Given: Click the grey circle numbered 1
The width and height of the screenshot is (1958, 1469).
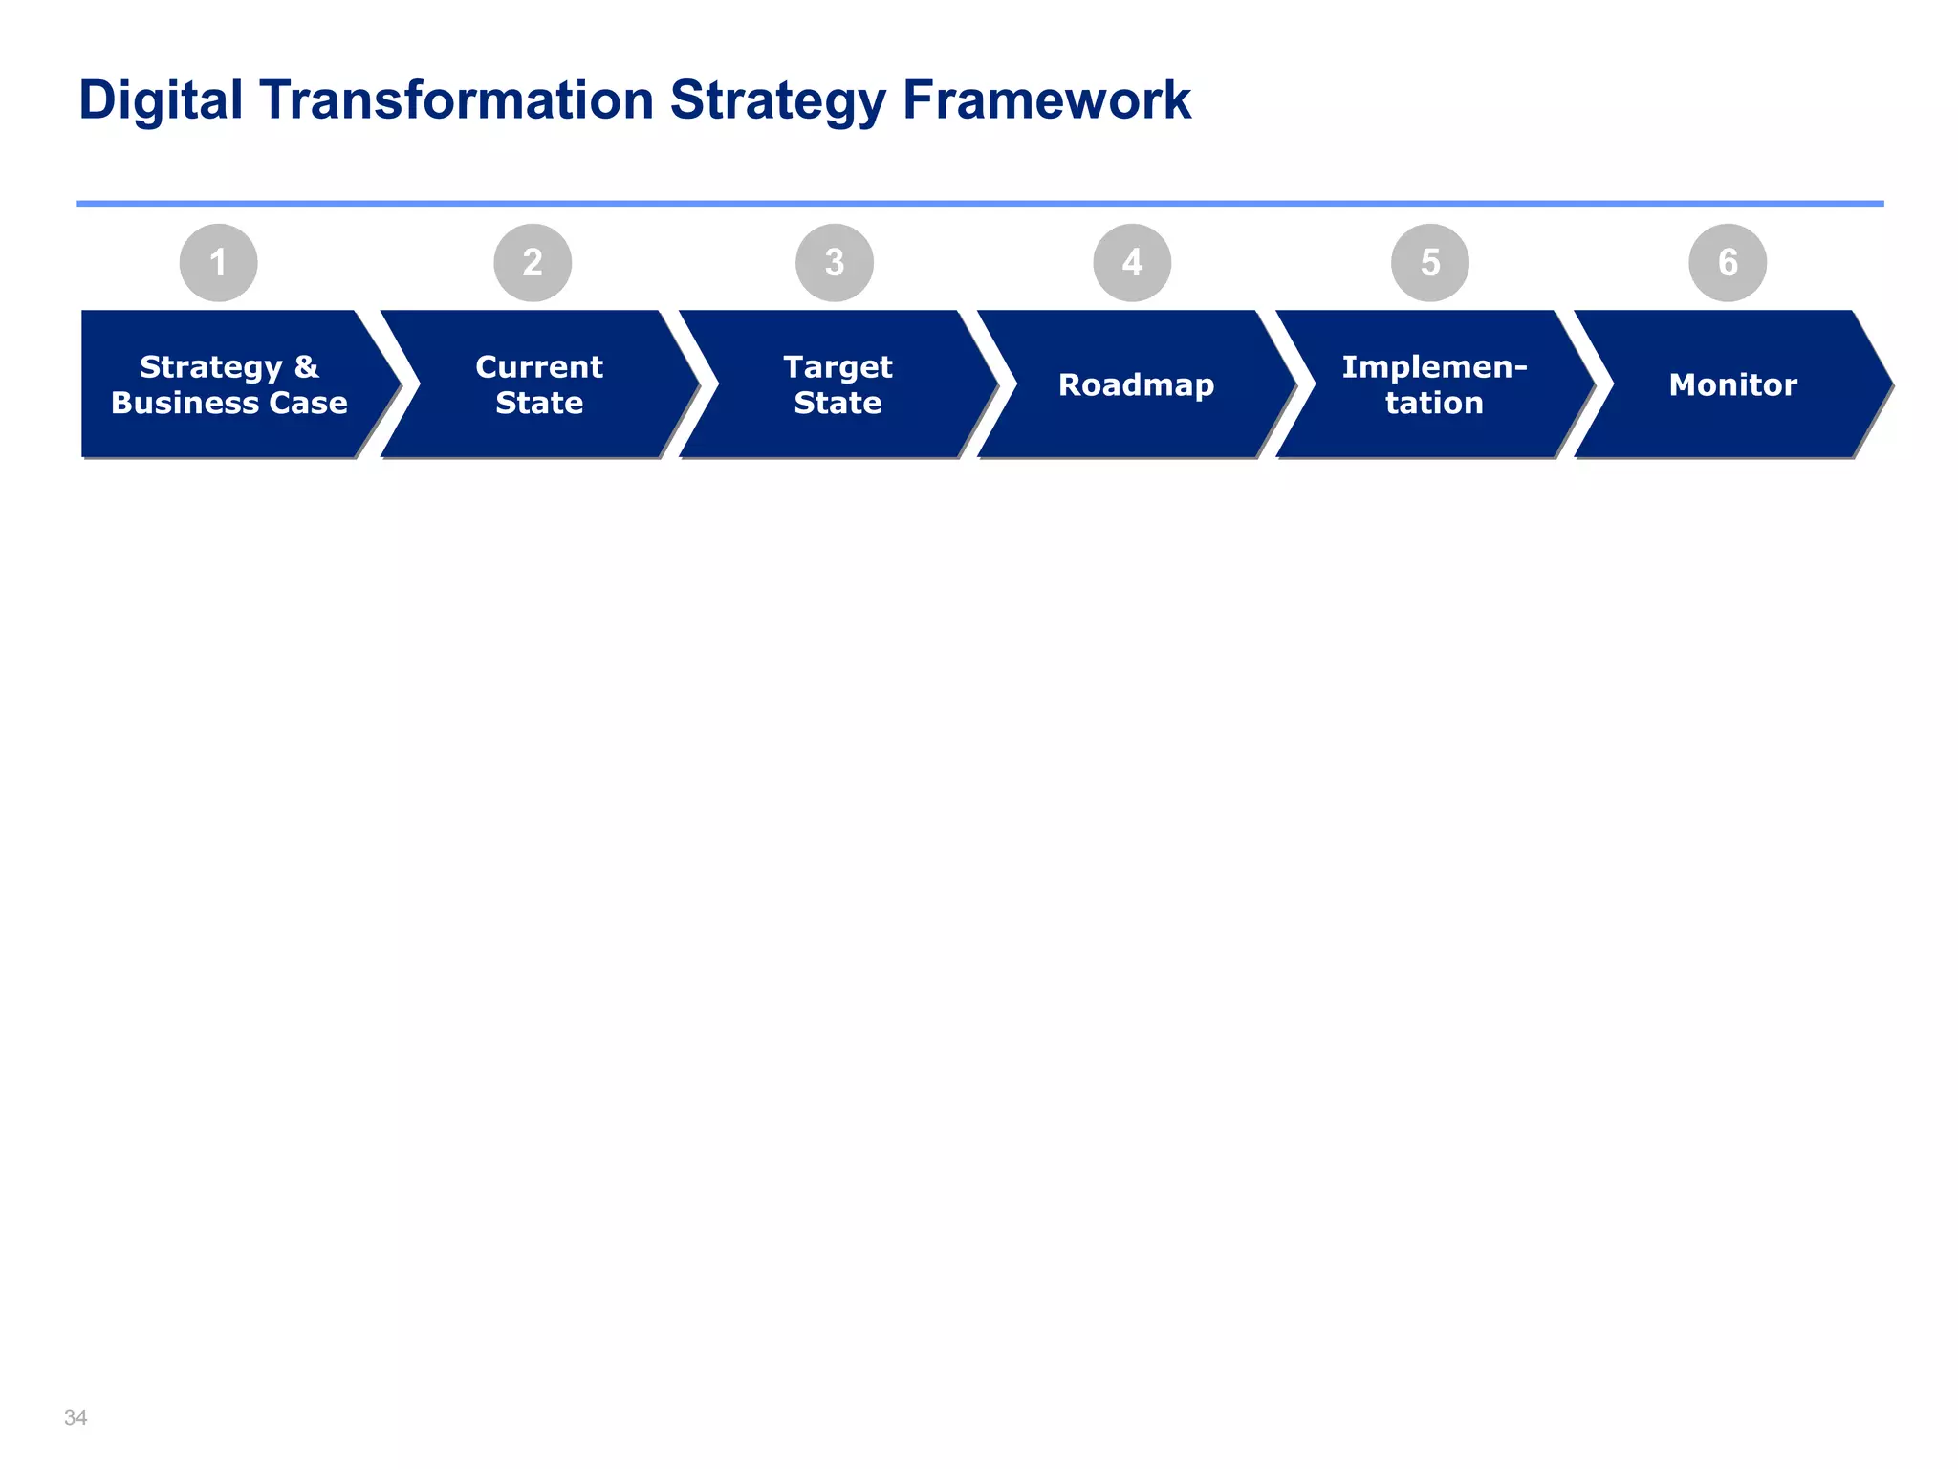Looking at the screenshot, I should point(218,262).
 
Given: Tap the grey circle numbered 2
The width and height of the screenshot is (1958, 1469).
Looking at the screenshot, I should point(533,262).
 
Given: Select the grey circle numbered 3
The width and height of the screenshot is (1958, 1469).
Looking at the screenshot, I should point(835,262).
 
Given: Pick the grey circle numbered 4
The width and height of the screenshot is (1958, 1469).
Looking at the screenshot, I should point(1132,262).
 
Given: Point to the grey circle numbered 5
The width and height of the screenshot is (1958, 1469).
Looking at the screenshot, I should point(1430,262).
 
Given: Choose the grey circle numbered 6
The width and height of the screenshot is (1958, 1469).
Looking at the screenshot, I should point(1728,262).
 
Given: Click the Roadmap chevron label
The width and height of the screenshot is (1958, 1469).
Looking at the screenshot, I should point(1136,384).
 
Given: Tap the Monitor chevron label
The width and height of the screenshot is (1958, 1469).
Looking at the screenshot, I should point(1732,384).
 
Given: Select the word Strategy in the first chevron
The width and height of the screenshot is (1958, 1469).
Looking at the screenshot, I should point(211,367).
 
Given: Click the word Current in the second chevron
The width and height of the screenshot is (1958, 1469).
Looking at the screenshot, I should point(539,367).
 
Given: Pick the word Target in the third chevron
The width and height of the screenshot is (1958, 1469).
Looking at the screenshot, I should point(838,367).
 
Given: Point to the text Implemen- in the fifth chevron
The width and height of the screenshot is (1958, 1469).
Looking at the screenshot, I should point(1434,367).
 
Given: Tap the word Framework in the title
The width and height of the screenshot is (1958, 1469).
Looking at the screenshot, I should point(1046,100).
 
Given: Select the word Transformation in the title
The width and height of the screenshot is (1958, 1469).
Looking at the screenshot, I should point(456,100).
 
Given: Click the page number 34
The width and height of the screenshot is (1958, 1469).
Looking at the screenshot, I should point(76,1417).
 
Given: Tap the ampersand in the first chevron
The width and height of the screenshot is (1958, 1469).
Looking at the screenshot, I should point(306,367).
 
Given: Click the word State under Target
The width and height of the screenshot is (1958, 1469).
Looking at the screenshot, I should point(838,403).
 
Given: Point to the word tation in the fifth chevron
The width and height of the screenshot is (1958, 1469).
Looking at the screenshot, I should point(1434,403).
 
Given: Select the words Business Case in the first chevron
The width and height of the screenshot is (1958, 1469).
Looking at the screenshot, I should point(229,403).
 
